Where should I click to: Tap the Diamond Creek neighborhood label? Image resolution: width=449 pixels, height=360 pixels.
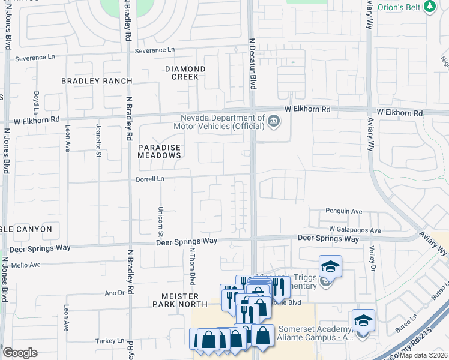click(185, 73)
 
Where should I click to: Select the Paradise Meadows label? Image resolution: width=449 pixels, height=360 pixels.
click(159, 151)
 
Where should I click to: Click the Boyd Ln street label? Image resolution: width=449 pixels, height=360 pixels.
click(37, 103)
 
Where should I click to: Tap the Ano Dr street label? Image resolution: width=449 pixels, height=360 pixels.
click(113, 293)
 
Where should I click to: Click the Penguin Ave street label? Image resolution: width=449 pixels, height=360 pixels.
click(344, 211)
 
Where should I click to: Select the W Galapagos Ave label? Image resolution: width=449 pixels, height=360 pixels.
click(355, 230)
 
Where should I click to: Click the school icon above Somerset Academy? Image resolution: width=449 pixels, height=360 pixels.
click(363, 320)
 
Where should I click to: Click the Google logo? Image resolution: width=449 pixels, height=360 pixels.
click(20, 353)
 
